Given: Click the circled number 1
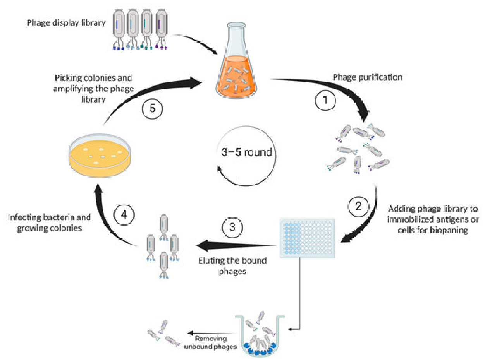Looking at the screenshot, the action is [x=325, y=101].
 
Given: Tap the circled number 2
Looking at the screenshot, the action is [x=358, y=207].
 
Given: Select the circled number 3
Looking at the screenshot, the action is [x=232, y=227].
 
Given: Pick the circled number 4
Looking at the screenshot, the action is [x=124, y=214].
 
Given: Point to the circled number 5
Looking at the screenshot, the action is [x=152, y=109].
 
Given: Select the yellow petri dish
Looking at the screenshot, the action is [x=100, y=155].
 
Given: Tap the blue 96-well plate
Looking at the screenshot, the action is [x=307, y=238].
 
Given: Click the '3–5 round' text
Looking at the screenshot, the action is [x=247, y=152].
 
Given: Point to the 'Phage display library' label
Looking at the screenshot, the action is [x=66, y=23].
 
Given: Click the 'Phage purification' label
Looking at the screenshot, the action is [x=368, y=77].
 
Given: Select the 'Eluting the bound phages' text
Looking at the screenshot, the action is [x=232, y=266].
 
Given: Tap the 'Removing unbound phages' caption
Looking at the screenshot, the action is [x=211, y=342].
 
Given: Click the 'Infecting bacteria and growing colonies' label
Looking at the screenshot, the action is [x=49, y=222].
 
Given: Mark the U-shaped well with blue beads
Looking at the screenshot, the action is [x=260, y=336].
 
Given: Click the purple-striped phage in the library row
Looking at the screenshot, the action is [x=162, y=29].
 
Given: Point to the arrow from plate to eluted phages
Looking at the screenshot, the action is [x=236, y=245].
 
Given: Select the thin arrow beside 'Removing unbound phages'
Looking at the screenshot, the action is [x=211, y=333].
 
